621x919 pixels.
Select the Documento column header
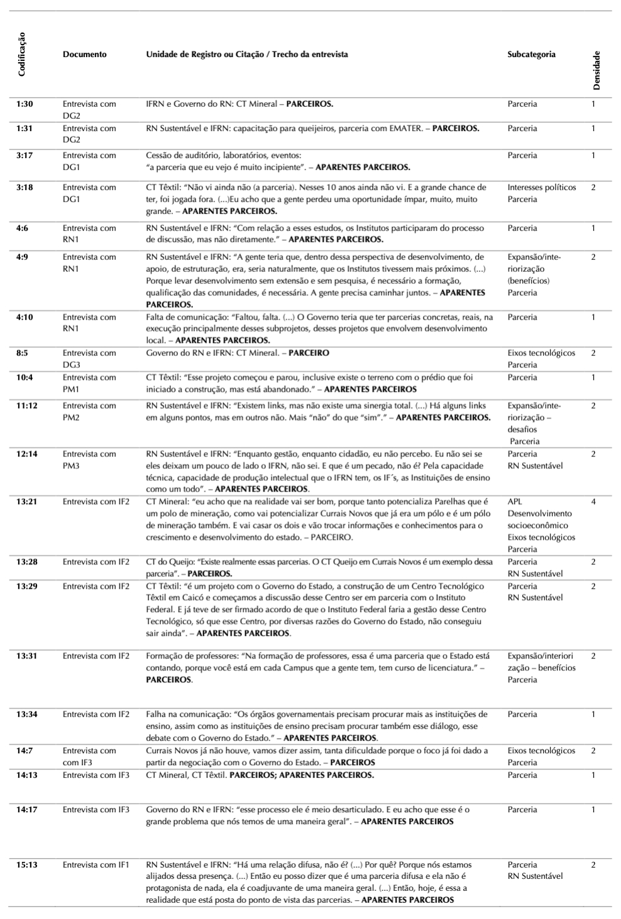[85, 55]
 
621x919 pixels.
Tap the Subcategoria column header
[531, 55]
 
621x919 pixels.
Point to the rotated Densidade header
[596, 70]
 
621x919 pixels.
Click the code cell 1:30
[25, 104]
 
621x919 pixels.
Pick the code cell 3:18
[25, 188]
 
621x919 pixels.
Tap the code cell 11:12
[26, 406]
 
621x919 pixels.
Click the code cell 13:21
[26, 502]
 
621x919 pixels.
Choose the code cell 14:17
[26, 810]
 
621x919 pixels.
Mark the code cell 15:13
[26, 865]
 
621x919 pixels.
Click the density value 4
[593, 502]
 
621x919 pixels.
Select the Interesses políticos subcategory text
[542, 188]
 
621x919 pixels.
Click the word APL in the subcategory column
[515, 502]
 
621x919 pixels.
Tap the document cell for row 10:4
[89, 384]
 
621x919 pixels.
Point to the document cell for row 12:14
[89, 460]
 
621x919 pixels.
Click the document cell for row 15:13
[96, 865]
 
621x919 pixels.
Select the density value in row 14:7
[593, 751]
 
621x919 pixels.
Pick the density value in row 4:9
[593, 257]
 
